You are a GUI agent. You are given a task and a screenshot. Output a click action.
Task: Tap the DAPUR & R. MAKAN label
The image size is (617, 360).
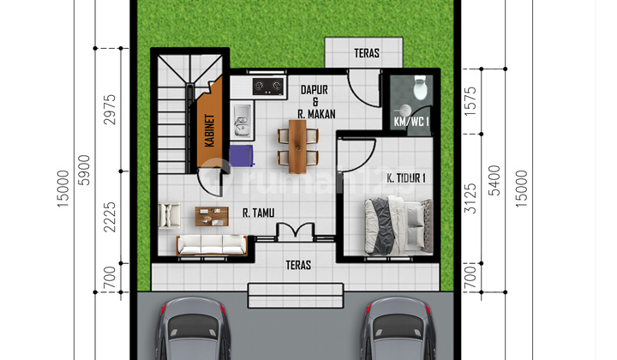[316, 101]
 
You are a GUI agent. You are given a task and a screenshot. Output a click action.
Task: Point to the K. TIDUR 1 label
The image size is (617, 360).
[406, 177]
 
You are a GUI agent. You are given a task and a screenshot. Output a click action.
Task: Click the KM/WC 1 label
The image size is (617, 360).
[410, 122]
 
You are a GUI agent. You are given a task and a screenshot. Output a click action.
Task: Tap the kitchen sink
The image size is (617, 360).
[241, 121]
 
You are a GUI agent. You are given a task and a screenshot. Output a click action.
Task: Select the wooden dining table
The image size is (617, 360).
[297, 145]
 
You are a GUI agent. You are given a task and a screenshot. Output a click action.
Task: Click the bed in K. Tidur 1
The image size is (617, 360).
[396, 225]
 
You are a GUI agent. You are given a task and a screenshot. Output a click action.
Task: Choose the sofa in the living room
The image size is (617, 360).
[211, 245]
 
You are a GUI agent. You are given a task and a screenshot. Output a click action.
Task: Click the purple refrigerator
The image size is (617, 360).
[241, 155]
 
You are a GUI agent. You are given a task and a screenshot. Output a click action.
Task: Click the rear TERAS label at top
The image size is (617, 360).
[367, 53]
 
